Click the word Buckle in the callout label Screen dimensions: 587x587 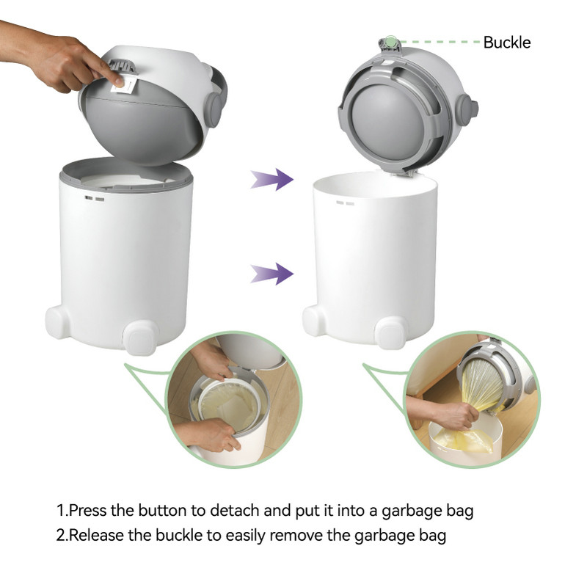[x=506, y=43]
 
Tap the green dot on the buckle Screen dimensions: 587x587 [x=390, y=40]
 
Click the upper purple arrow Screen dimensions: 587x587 [x=272, y=179]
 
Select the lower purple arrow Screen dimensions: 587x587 [x=272, y=274]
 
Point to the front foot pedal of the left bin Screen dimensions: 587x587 [x=140, y=338]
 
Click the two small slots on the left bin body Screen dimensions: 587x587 [x=95, y=198]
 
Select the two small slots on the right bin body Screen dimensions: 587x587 [x=345, y=203]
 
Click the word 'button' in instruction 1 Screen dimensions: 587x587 [x=162, y=511]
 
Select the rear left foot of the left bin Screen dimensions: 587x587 [x=57, y=321]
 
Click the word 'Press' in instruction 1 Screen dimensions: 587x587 [x=87, y=511]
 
